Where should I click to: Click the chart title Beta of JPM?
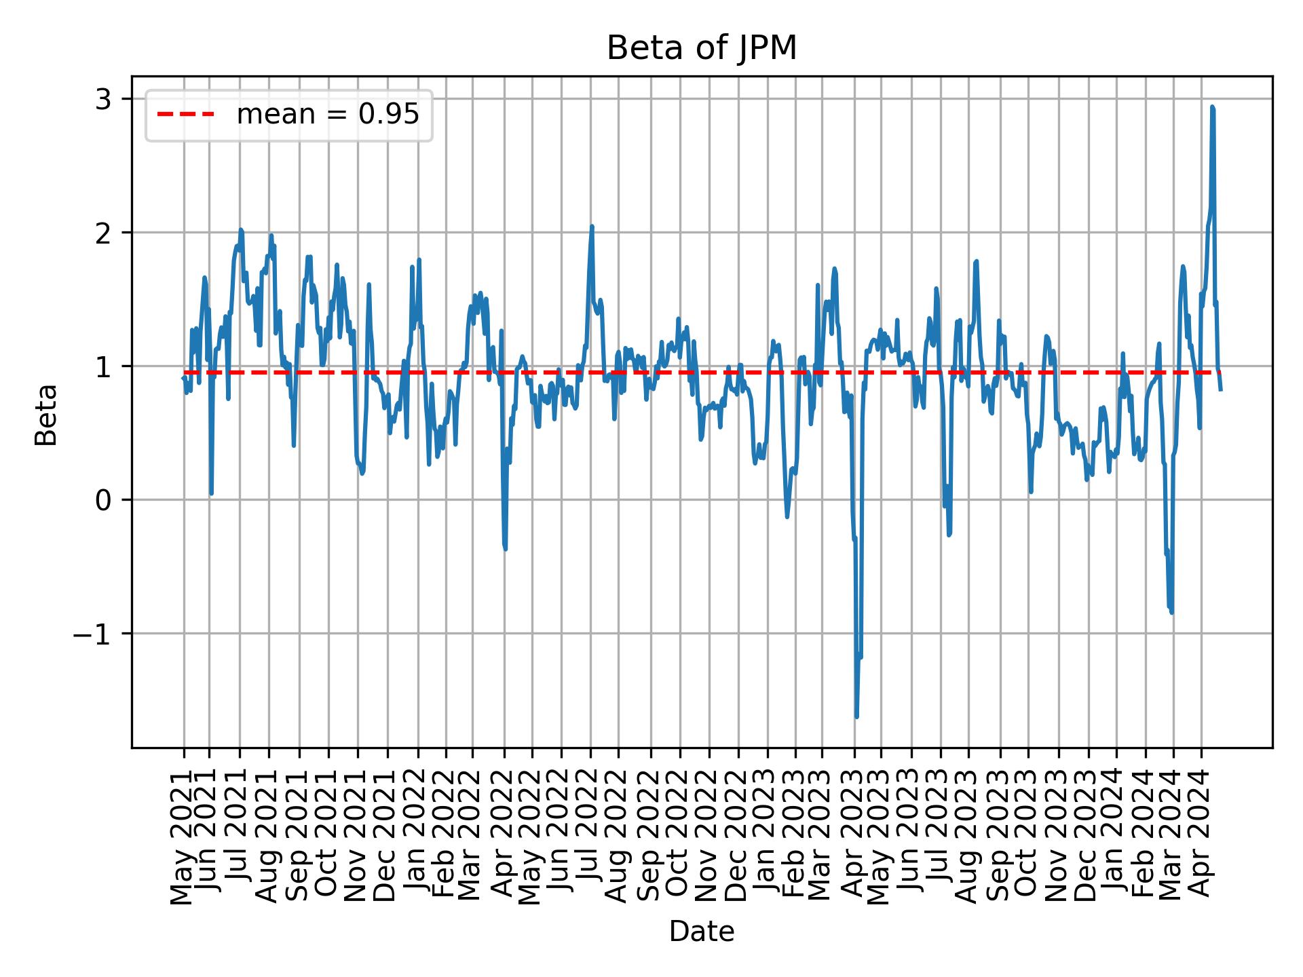coord(701,49)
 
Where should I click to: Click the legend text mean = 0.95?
coord(327,115)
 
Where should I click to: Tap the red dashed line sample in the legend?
coord(186,115)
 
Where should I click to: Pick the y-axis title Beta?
coord(46,415)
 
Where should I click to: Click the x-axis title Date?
coord(701,932)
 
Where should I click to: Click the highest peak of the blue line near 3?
coord(1212,107)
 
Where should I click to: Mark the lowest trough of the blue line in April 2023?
coord(856,716)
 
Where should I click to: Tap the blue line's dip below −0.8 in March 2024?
coord(1171,612)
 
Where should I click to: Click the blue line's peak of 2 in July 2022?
coord(592,227)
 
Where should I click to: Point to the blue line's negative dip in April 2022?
coord(505,548)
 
